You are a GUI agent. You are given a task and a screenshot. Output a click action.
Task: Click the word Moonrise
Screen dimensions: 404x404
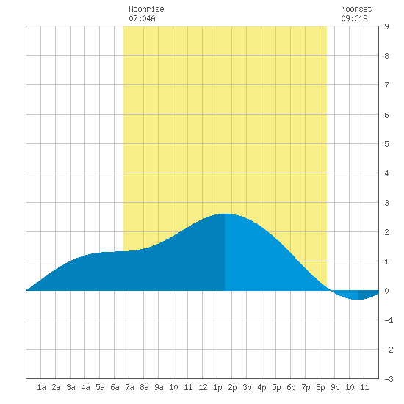click(146, 9)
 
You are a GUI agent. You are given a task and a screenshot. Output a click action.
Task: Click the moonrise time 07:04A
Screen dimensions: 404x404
click(142, 18)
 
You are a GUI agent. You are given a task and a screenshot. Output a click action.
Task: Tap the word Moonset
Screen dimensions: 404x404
click(356, 9)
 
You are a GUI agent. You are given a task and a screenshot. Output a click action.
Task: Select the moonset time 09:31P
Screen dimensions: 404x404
click(354, 18)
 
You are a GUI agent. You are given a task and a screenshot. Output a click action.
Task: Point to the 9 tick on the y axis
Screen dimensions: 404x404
click(386, 26)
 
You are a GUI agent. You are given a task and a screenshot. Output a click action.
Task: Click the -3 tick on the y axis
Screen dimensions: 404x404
click(389, 379)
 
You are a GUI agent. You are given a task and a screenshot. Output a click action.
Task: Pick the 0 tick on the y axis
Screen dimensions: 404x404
click(386, 291)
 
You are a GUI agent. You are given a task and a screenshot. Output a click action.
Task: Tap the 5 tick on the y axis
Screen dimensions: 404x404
click(386, 144)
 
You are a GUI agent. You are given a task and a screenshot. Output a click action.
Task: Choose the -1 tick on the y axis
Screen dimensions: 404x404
click(389, 320)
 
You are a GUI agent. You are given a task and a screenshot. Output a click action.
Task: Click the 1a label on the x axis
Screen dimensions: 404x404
click(41, 387)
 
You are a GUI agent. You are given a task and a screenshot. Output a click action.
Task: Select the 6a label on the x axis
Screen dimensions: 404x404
click(115, 387)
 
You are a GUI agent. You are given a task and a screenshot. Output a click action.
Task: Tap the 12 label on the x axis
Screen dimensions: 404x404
click(203, 387)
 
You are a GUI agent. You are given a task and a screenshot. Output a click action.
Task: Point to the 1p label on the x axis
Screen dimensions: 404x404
click(217, 388)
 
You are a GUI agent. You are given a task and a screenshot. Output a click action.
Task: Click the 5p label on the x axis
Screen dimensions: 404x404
click(276, 388)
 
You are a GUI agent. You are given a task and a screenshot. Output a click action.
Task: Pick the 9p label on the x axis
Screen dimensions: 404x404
click(335, 388)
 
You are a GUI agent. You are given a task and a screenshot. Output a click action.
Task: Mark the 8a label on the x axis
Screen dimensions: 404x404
click(144, 387)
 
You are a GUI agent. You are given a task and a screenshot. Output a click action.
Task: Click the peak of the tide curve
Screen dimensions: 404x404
click(225, 214)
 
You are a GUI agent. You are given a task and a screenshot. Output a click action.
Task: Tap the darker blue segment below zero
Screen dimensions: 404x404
click(368, 295)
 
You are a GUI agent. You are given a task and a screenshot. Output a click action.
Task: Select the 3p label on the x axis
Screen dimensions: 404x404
click(247, 388)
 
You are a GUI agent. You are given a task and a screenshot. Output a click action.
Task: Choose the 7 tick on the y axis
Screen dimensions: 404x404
click(386, 85)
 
